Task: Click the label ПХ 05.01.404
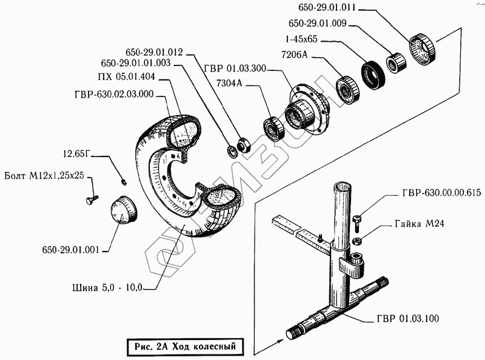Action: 126,77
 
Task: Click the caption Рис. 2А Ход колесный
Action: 181,347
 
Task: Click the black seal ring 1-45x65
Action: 370,74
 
